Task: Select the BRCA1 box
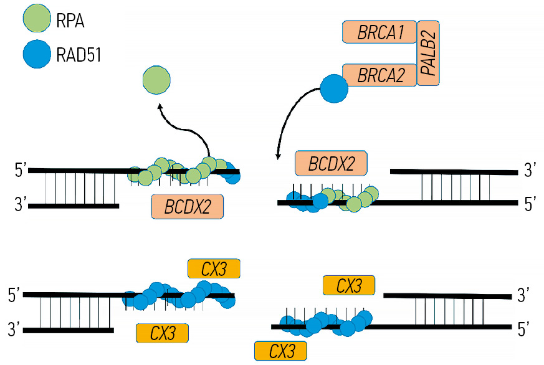pyautogui.click(x=379, y=32)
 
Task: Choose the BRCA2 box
pyautogui.click(x=379, y=76)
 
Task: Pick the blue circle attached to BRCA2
pyautogui.click(x=335, y=90)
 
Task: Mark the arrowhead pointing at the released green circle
pyautogui.click(x=160, y=106)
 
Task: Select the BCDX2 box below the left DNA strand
pyautogui.click(x=187, y=207)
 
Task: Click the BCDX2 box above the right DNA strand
pyautogui.click(x=331, y=164)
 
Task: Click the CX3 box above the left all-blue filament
pyautogui.click(x=213, y=268)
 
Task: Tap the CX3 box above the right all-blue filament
pyautogui.click(x=349, y=286)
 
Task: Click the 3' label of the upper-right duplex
pyautogui.click(x=529, y=171)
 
